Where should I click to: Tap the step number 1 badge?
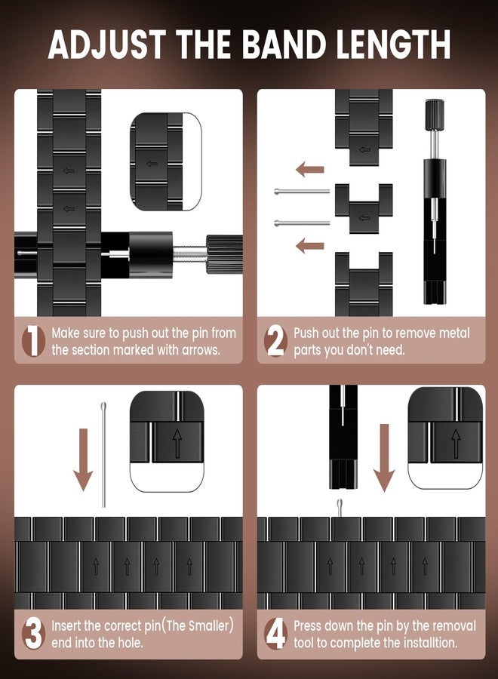pos(33,341)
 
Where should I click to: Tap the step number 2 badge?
pos(275,341)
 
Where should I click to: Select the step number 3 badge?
pos(33,634)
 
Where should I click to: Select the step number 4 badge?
pos(276,634)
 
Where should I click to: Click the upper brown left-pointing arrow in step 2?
pos(309,169)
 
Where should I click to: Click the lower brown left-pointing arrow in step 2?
pos(309,245)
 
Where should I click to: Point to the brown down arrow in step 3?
pos(83,460)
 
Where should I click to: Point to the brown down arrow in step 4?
pos(383,458)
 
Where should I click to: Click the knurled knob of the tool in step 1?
pos(224,255)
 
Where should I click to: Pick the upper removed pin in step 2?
pos(302,191)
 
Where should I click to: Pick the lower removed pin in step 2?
pos(302,223)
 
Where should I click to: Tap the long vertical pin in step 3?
pos(103,455)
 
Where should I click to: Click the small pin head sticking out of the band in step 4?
pos(340,507)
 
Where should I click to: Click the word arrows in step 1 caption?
pos(201,350)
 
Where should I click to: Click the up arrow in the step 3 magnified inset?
pos(177,443)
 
